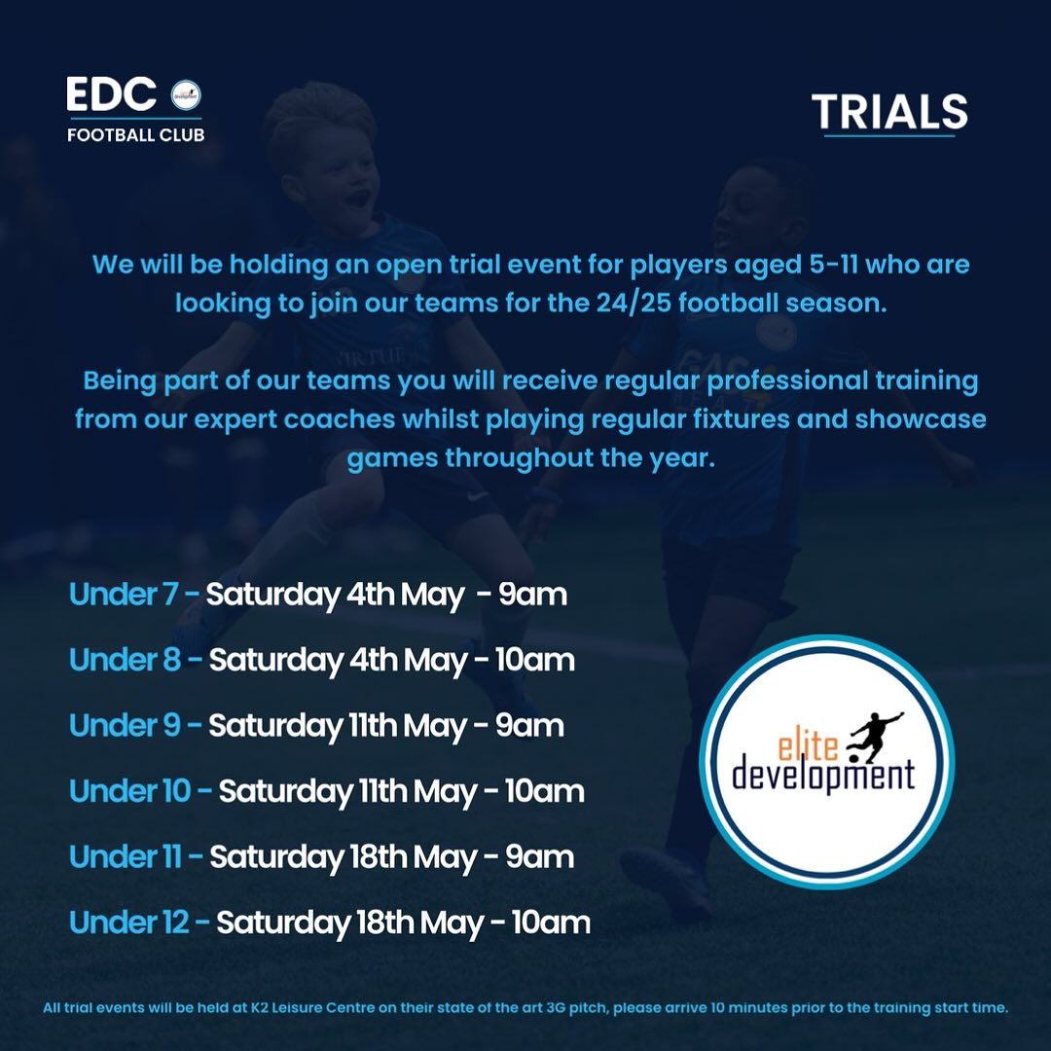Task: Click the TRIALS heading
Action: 889,113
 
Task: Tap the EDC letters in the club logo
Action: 112,94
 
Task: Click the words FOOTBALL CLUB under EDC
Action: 135,134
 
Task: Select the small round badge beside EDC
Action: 185,95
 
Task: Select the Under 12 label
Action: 129,923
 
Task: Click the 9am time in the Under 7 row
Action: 532,594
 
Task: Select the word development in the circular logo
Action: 823,776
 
